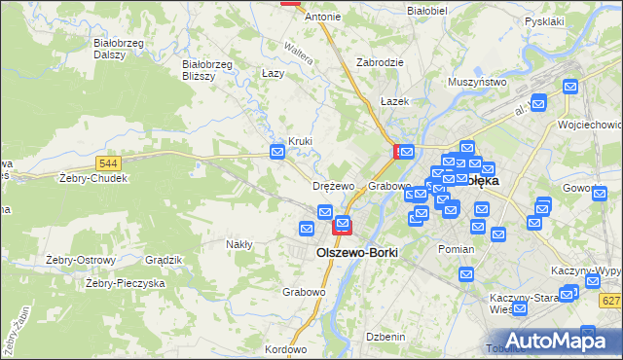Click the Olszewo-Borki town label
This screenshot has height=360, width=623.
(357, 251)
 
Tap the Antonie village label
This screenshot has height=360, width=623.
(323, 17)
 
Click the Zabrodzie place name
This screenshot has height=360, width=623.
(380, 61)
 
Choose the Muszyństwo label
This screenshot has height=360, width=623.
(478, 83)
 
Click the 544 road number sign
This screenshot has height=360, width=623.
(109, 162)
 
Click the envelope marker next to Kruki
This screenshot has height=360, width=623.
(277, 151)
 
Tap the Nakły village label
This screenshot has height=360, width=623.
(239, 244)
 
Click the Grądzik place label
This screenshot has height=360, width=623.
(164, 260)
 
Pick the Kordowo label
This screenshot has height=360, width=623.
(285, 349)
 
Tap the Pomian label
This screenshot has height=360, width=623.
(456, 249)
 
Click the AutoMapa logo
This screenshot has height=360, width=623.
(553, 340)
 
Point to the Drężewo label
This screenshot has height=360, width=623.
(334, 186)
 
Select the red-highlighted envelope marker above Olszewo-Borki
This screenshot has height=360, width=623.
(342, 227)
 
